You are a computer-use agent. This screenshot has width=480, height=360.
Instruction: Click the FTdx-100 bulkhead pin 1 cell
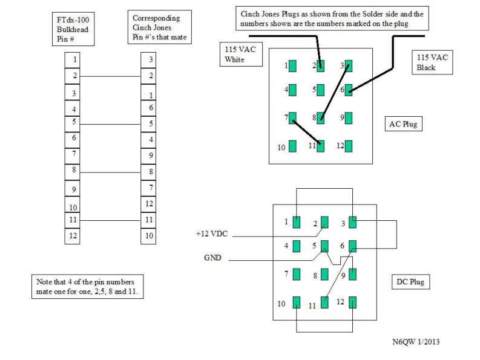[74, 60]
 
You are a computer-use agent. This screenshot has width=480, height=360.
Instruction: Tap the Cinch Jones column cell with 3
[150, 60]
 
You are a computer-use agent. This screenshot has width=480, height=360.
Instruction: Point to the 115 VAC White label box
[242, 55]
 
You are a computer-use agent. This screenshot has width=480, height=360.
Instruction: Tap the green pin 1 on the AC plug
[293, 66]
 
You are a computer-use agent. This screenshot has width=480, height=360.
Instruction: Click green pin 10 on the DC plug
[297, 303]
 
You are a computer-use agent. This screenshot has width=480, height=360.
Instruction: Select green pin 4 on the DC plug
[297, 246]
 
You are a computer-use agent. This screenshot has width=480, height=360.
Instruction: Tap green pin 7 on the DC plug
[297, 274]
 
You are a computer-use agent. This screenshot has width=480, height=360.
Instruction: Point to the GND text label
[212, 258]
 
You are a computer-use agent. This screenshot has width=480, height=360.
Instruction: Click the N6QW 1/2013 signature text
[416, 342]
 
